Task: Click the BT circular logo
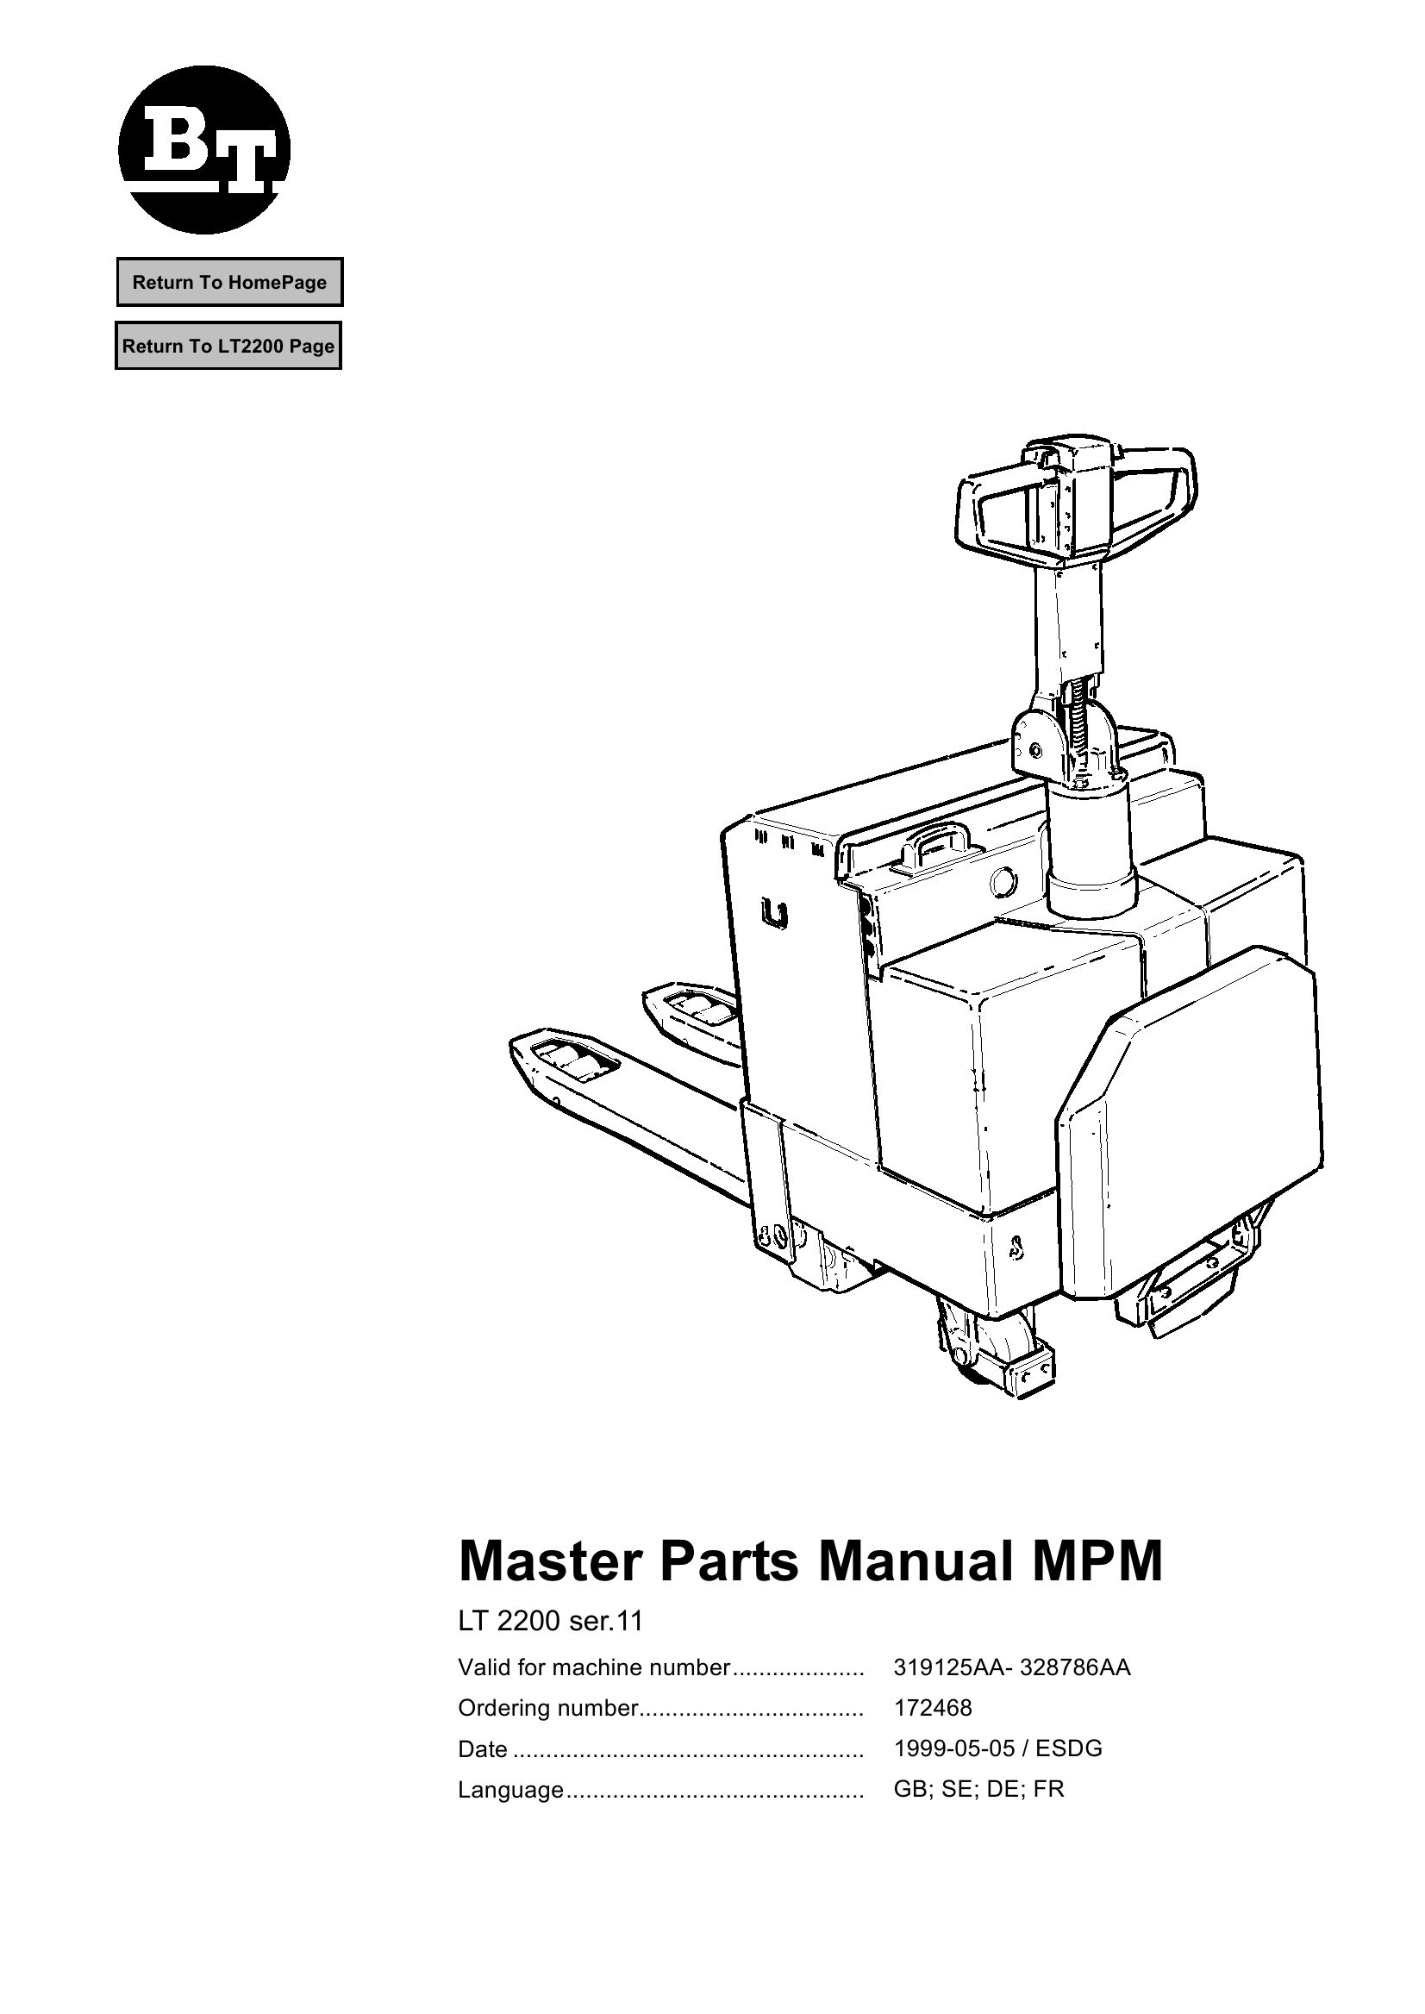203,149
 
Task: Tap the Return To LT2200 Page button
228,346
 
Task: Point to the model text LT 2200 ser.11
550,1621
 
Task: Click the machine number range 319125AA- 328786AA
1012,1667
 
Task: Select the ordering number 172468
933,1708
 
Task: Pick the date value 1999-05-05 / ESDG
997,1748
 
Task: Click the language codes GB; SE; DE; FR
978,1788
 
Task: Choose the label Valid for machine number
594,1667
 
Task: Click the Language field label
510,1789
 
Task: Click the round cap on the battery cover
1003,882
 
